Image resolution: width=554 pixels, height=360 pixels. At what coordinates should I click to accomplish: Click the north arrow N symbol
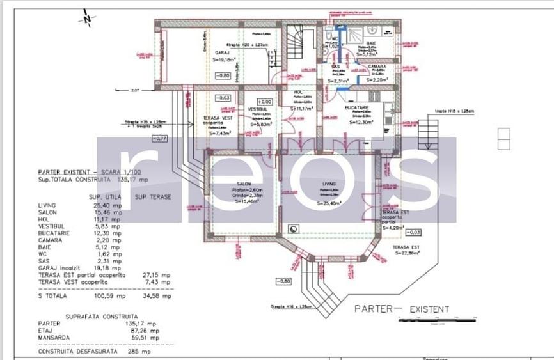(x=86, y=19)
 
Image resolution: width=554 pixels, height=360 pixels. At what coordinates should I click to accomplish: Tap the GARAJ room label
(x=223, y=53)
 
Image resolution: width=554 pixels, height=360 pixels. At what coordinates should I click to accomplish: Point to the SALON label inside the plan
(x=242, y=184)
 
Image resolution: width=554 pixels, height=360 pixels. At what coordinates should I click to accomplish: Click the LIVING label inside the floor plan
(x=329, y=184)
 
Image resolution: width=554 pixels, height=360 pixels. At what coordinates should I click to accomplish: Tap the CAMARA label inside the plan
(x=376, y=66)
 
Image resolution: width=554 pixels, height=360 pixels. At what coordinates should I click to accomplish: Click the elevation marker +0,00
(x=264, y=101)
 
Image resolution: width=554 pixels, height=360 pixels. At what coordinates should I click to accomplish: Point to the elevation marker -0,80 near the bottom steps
(x=284, y=281)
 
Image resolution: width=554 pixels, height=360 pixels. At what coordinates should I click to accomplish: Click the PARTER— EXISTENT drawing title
(x=402, y=309)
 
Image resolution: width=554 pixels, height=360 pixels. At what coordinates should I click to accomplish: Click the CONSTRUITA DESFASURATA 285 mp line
(x=95, y=352)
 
